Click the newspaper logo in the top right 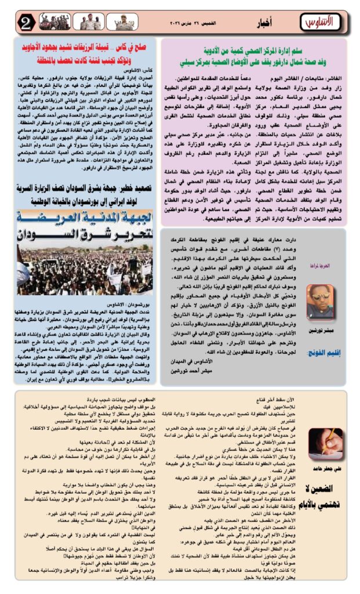[318, 23]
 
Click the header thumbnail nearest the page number [54, 23]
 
